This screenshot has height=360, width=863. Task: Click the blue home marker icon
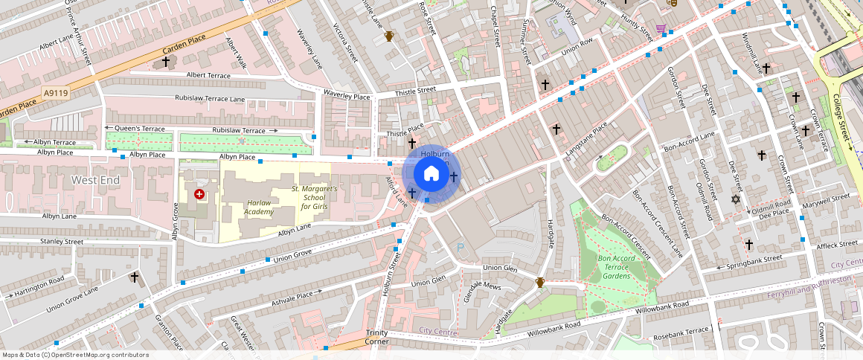(x=431, y=174)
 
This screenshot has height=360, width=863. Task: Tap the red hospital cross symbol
(x=199, y=194)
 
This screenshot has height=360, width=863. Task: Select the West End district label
(x=95, y=180)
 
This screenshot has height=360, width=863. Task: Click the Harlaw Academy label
(x=258, y=207)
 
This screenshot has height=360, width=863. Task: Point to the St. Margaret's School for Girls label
(x=314, y=198)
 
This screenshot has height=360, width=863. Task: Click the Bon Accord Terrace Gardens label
(x=615, y=267)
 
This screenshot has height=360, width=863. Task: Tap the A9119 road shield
(x=56, y=93)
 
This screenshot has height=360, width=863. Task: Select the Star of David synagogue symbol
(x=737, y=199)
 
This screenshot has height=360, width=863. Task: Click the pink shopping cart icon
(x=661, y=29)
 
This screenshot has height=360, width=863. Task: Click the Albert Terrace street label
(x=208, y=75)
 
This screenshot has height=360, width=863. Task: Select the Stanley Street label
(x=62, y=241)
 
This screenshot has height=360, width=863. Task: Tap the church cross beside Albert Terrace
(x=165, y=62)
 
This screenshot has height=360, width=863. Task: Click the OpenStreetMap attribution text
(x=76, y=355)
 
